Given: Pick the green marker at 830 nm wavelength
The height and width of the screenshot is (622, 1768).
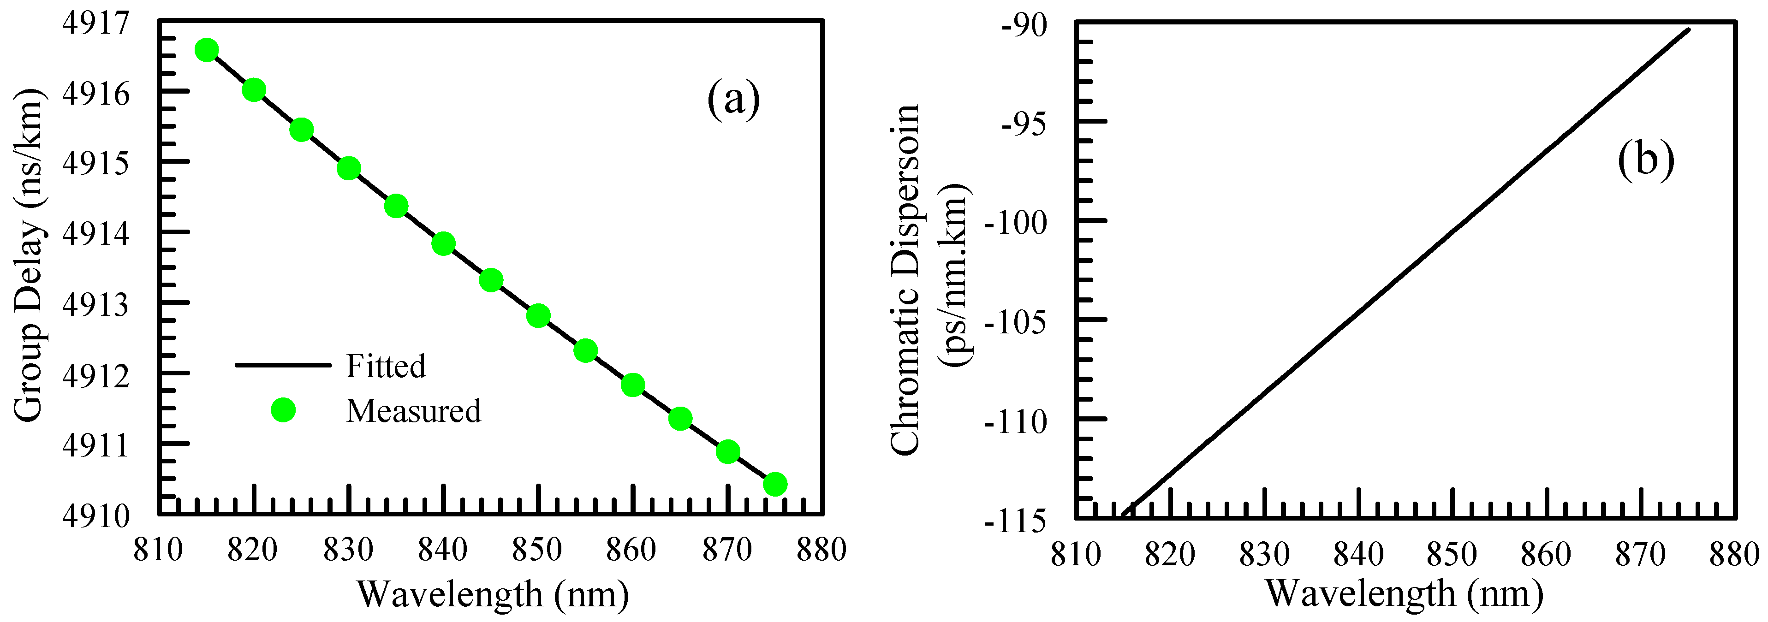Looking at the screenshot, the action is (349, 168).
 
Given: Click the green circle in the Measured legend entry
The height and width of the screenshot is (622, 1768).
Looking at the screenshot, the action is (283, 410).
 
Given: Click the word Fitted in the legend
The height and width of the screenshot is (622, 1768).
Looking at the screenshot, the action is (386, 366).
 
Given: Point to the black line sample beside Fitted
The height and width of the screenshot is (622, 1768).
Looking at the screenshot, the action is (283, 365).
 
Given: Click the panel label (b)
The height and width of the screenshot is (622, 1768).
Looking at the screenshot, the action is (1646, 160).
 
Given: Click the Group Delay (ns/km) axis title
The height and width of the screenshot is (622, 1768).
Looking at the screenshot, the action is (29, 255).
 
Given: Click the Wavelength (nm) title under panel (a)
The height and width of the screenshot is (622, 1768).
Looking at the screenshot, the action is (492, 594).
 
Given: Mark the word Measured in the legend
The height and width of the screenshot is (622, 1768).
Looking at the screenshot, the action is (413, 411).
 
